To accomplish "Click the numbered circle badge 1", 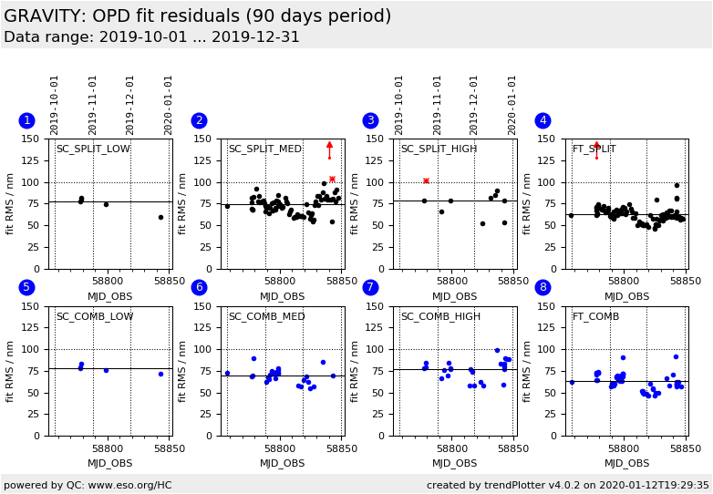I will [x=26, y=120].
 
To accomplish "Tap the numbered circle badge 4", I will [x=542, y=120].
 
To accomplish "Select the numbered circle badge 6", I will [x=199, y=287].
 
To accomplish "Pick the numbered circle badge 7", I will [x=370, y=287].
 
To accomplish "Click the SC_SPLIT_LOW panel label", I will [x=93, y=149].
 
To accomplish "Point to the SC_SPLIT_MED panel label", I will [x=264, y=149].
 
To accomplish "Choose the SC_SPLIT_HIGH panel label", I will [x=439, y=149].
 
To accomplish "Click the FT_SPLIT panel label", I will [x=594, y=149].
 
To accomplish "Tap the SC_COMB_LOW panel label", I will [x=94, y=317].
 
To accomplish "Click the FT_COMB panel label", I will [x=595, y=317].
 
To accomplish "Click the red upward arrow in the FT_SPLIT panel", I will [x=596, y=145].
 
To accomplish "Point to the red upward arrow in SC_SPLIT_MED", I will [x=330, y=145].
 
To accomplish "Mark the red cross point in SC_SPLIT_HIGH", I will [x=426, y=180].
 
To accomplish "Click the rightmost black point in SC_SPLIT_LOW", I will [x=160, y=217].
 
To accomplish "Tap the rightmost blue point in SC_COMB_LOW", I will [x=160, y=374].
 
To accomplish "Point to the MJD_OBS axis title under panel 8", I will [x=626, y=464].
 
